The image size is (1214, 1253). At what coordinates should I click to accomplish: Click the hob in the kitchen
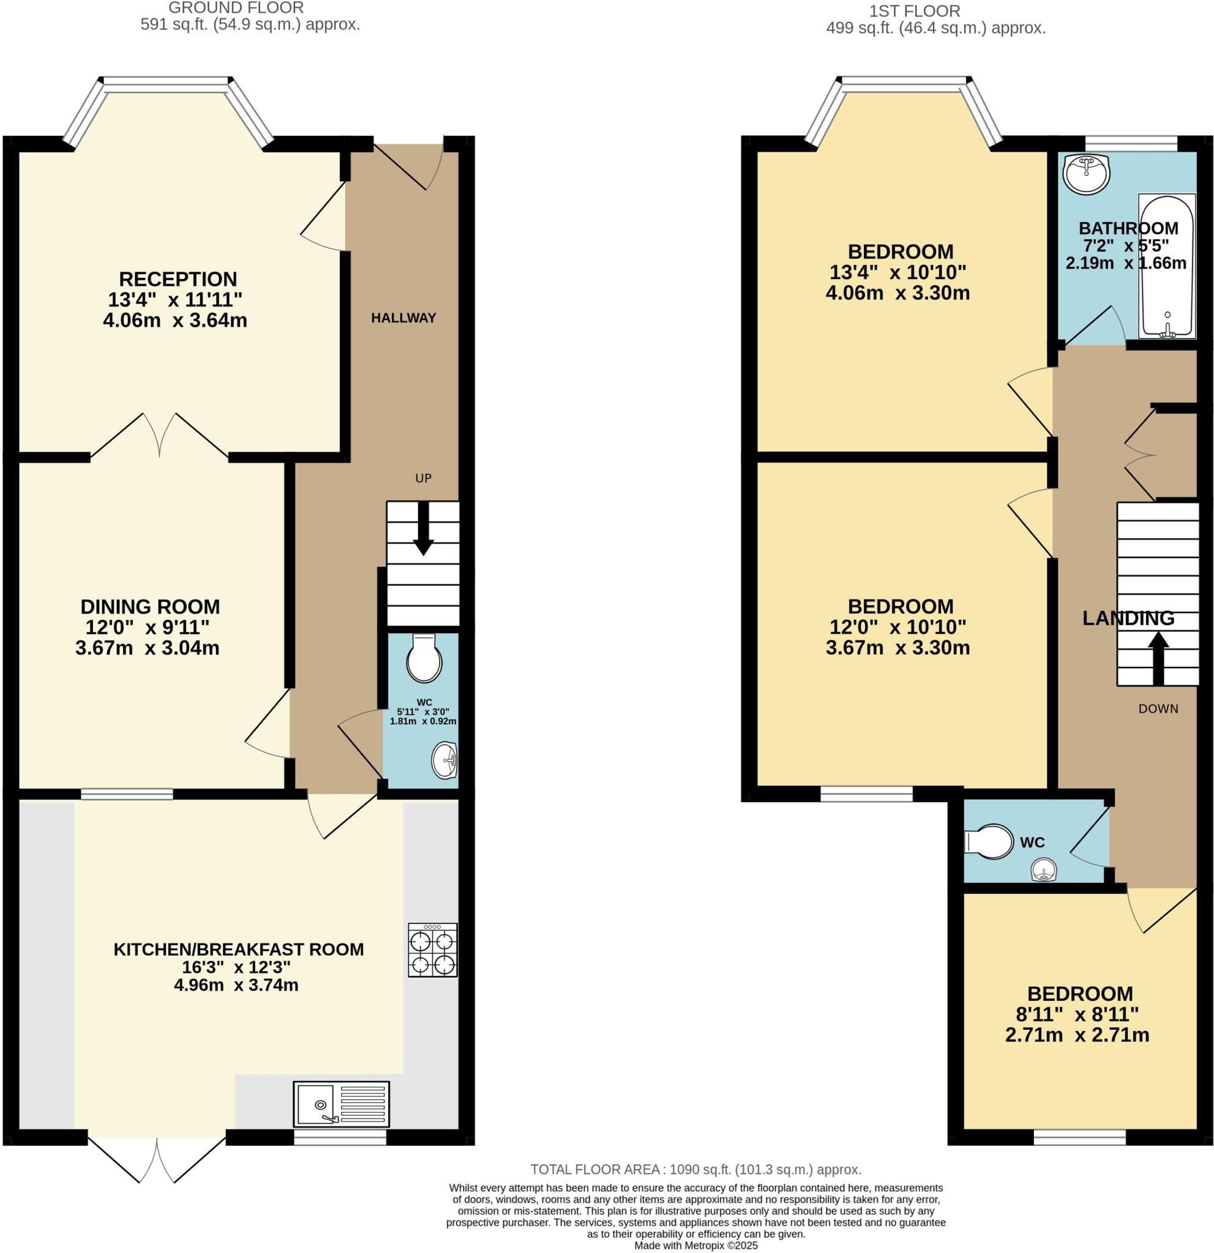pyautogui.click(x=432, y=950)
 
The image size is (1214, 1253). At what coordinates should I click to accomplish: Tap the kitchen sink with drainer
pyautogui.click(x=341, y=1104)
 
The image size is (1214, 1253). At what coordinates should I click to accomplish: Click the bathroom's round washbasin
pyautogui.click(x=1086, y=173)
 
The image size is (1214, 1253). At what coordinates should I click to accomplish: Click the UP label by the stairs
pyautogui.click(x=424, y=478)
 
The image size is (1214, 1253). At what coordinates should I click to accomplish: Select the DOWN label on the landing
pyautogui.click(x=1158, y=708)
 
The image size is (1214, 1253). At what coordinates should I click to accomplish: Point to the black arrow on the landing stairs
pyautogui.click(x=1158, y=657)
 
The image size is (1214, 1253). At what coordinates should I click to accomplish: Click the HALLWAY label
pyautogui.click(x=403, y=318)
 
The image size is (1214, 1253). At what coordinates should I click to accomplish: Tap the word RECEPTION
pyautogui.click(x=178, y=279)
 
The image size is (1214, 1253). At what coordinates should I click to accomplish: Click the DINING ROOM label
pyautogui.click(x=151, y=606)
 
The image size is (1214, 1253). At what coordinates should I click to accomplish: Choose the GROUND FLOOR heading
pyautogui.click(x=236, y=9)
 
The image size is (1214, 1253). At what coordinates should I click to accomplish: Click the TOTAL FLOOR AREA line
pyautogui.click(x=696, y=1169)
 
